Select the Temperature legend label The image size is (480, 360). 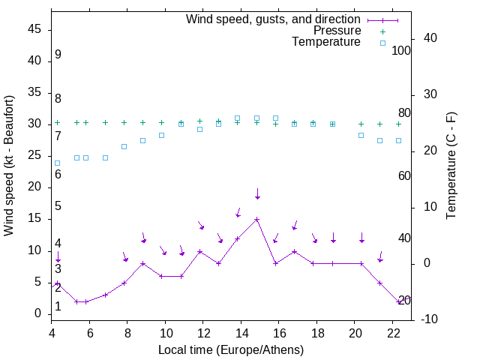326,42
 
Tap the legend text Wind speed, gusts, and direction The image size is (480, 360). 274,19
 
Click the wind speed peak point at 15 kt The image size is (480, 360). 256,220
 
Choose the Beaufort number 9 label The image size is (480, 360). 58,55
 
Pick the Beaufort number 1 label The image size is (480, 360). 58,307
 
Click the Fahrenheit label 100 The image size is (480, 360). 401,50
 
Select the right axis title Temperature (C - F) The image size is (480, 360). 451,165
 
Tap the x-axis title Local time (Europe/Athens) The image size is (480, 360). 231,349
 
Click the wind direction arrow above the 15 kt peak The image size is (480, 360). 257,193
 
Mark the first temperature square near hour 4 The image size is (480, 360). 58,163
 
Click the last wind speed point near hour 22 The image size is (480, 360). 399,301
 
